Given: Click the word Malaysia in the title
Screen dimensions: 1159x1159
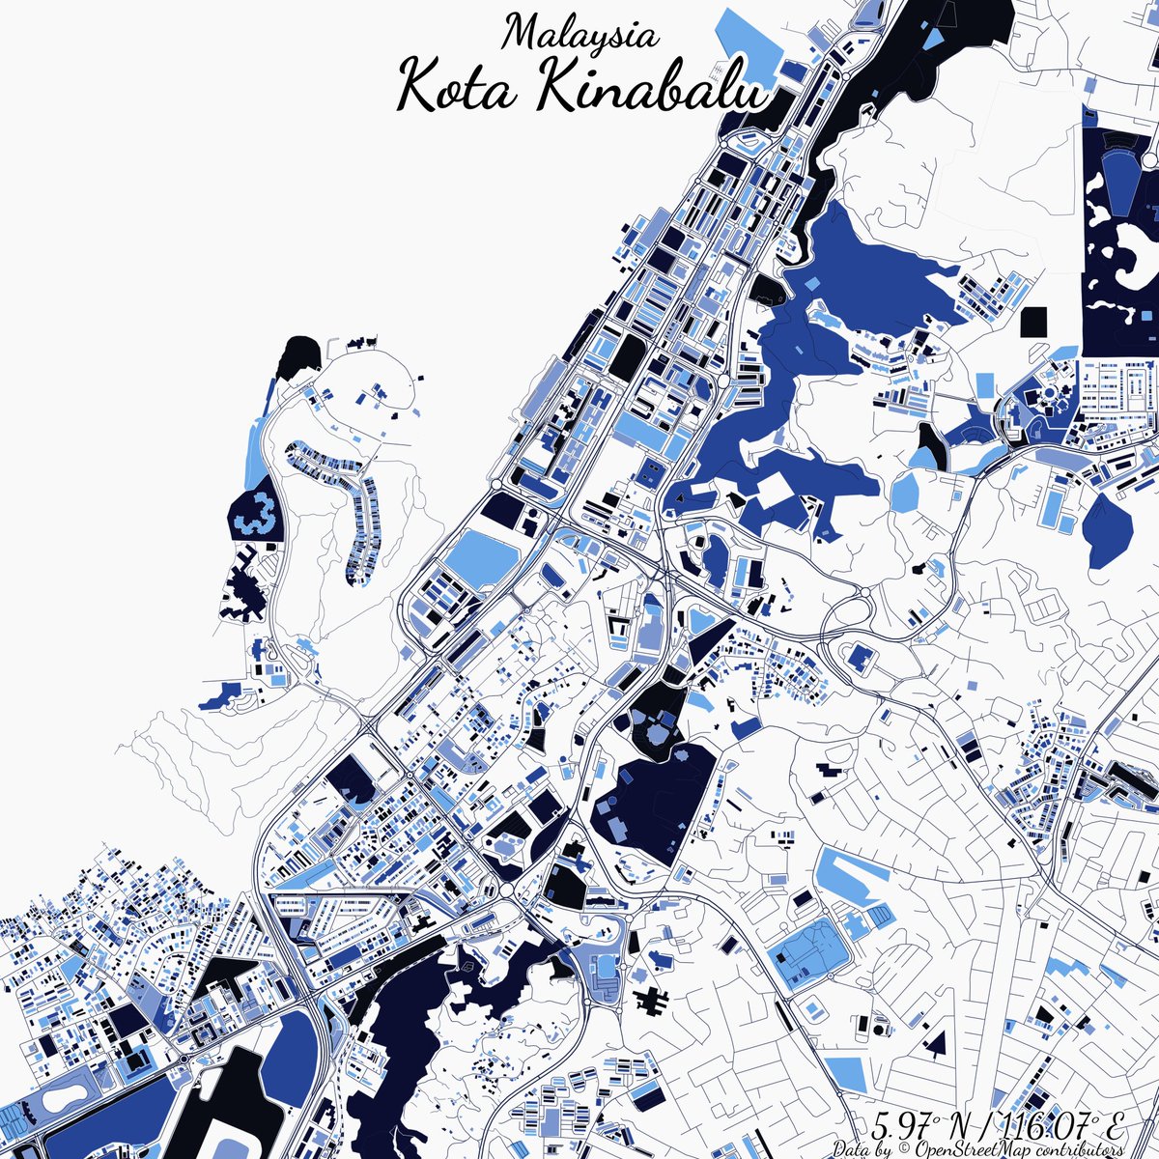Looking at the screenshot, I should pyautogui.click(x=580, y=34).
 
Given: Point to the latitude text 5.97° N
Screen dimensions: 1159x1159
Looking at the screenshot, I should pyautogui.click(x=918, y=1120).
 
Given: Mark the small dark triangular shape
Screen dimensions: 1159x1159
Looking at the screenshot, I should pyautogui.click(x=934, y=1040).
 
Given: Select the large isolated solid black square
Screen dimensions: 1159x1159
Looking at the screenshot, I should pyautogui.click(x=1033, y=322).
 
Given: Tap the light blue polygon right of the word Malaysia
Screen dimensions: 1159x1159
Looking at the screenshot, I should pyautogui.click(x=763, y=48).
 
